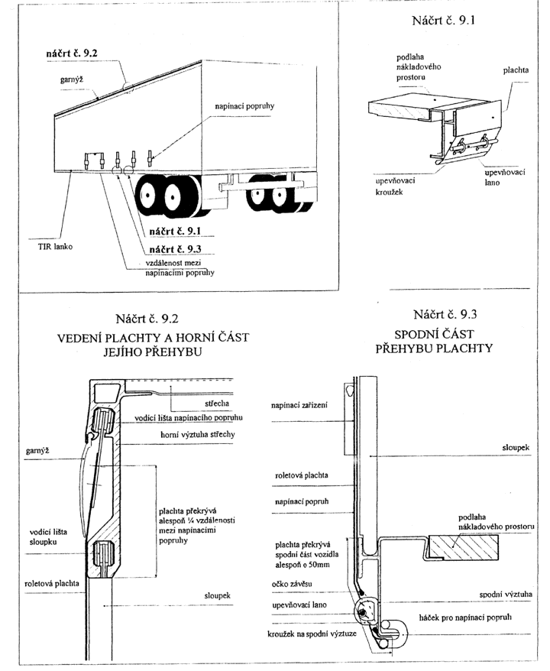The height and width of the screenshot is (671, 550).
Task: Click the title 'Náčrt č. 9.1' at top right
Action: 444,21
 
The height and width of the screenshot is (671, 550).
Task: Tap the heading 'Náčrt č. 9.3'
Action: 445,315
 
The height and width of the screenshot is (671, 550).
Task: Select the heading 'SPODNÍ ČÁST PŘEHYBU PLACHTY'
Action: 434,341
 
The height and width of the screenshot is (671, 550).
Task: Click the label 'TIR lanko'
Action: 55,247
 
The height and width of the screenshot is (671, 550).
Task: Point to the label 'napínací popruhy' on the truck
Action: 244,106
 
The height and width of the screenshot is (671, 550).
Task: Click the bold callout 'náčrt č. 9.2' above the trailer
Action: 72,53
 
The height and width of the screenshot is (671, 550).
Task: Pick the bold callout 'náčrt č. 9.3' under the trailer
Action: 176,249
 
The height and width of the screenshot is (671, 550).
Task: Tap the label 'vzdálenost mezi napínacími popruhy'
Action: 180,268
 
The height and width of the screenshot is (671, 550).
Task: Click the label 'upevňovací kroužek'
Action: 395,186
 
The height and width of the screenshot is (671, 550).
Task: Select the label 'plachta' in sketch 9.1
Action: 516,70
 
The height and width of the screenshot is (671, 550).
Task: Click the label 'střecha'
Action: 216,404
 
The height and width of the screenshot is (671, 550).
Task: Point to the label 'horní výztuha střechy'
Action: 198,435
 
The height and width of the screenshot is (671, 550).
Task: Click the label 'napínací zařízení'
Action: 299,405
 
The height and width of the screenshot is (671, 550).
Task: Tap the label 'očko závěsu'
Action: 292,584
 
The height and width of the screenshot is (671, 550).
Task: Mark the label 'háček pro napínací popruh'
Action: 465,618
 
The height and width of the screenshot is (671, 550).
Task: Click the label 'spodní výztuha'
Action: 506,595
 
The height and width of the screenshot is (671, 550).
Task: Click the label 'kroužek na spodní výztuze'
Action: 312,634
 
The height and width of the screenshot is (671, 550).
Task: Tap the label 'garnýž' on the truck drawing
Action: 71,79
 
